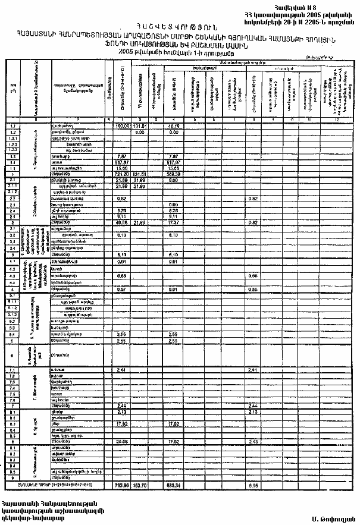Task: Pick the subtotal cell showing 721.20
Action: [122, 174]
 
